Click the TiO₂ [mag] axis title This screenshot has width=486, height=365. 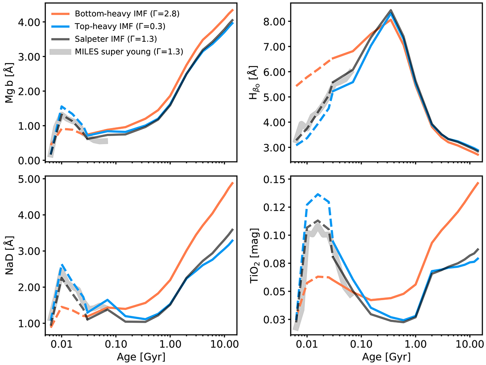(255, 251)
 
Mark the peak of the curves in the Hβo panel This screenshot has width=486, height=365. (390, 11)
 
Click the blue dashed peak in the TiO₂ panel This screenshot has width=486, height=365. (318, 194)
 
